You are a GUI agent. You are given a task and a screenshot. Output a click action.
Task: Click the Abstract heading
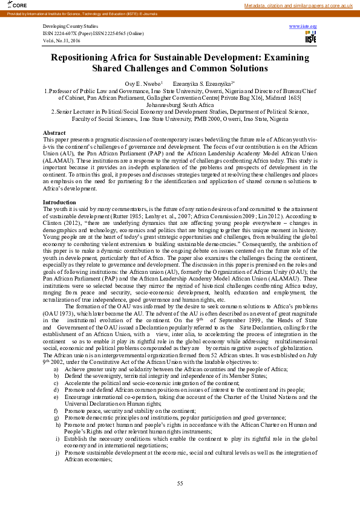[x=54, y=132]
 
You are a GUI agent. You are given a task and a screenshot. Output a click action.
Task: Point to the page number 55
[x=180, y=482]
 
